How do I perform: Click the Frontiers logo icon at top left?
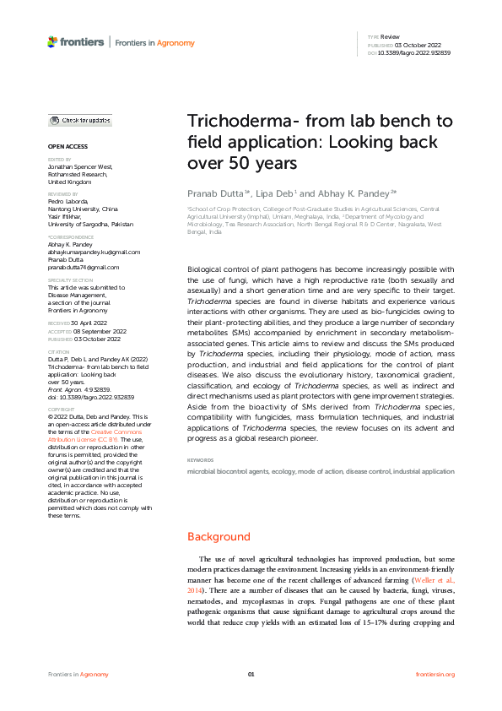coord(52,41)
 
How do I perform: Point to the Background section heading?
coord(219,536)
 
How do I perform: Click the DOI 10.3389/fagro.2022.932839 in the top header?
coord(415,52)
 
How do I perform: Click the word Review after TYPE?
coord(390,38)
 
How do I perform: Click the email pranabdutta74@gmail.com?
coord(82,266)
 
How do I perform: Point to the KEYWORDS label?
coord(200,460)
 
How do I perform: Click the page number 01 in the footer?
coord(251,674)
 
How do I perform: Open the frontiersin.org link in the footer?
coord(435,674)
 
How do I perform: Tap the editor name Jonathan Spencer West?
coord(80,166)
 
